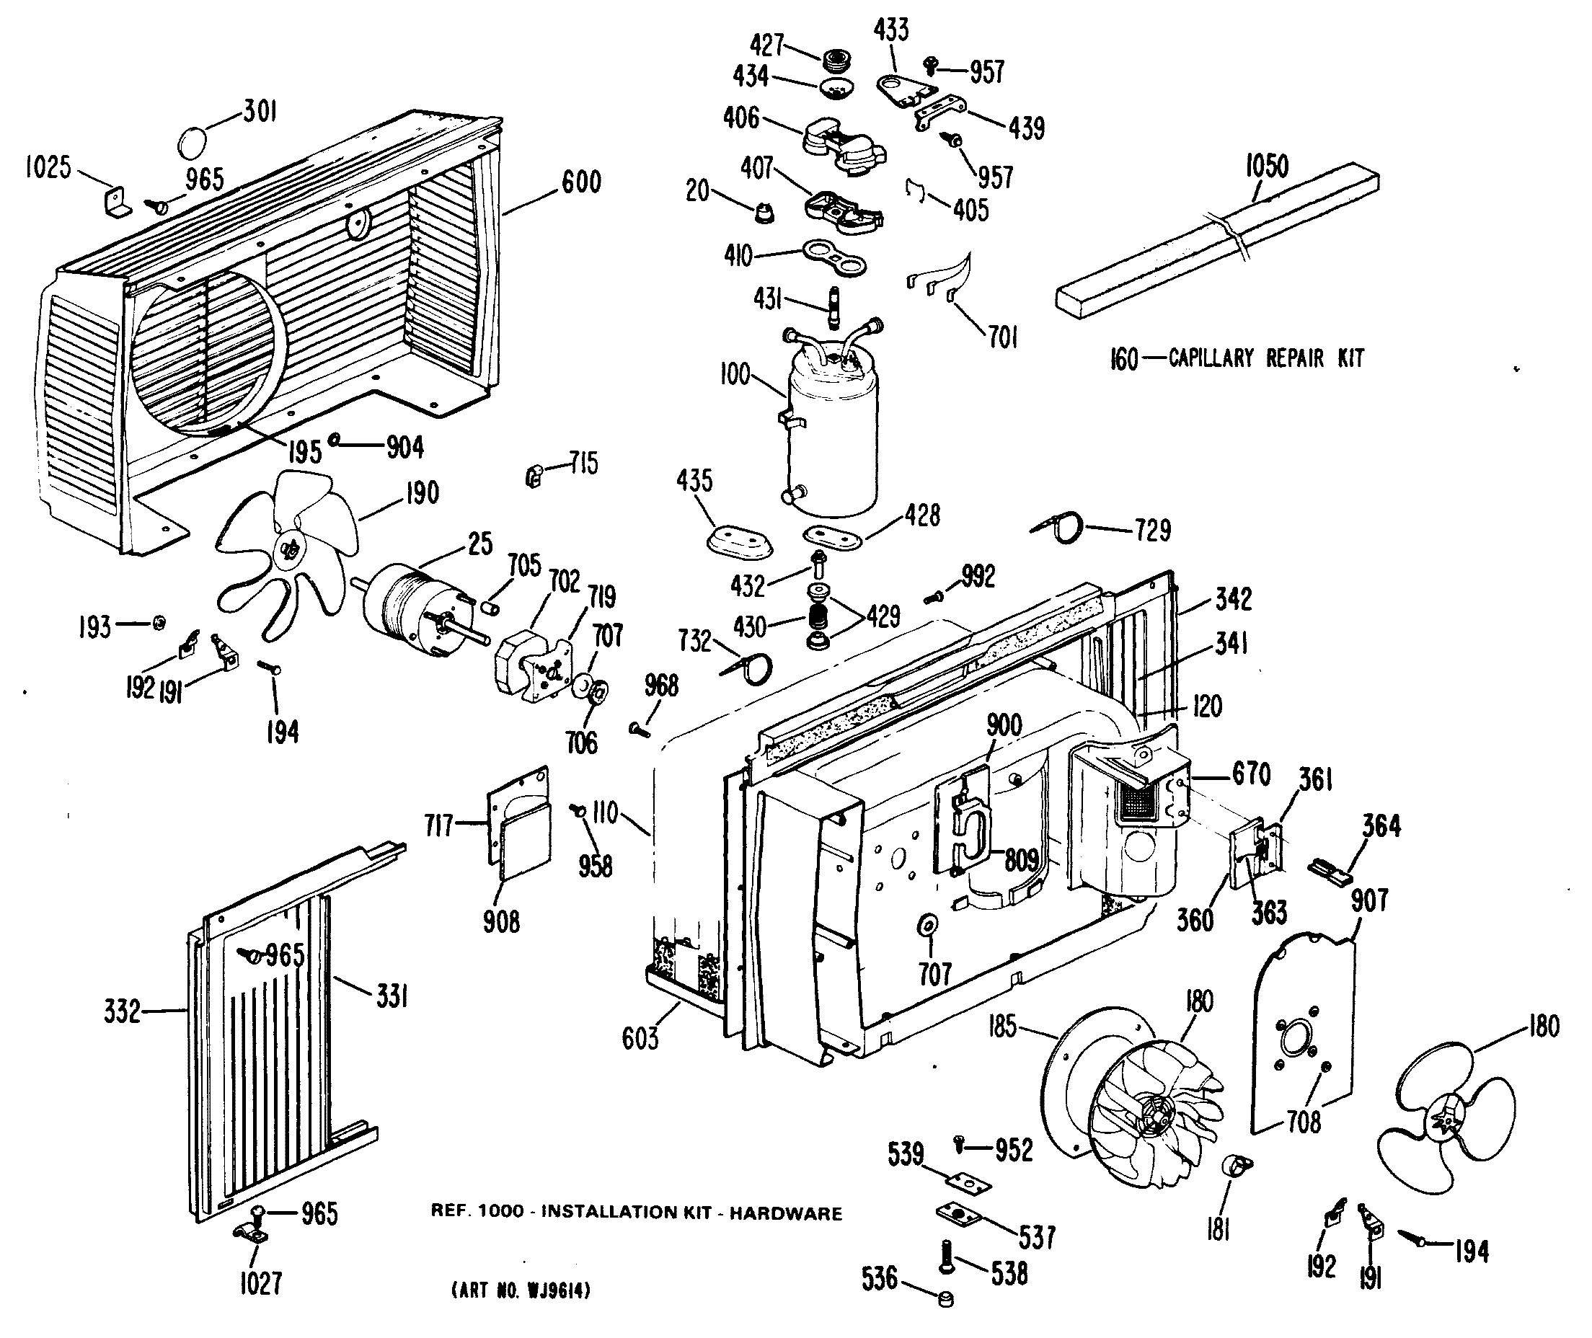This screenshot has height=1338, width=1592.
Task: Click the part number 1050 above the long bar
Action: [x=1267, y=166]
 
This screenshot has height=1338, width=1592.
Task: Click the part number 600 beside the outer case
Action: [x=581, y=182]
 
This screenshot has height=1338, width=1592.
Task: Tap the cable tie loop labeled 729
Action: [x=1058, y=527]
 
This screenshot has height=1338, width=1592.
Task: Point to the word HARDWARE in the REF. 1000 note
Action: [x=786, y=1213]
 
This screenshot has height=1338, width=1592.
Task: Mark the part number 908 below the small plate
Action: [x=501, y=921]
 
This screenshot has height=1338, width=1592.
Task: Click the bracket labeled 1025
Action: [x=116, y=203]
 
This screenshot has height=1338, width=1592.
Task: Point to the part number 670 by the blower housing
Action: [x=1252, y=775]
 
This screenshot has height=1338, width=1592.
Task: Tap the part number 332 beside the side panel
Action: [x=122, y=1011]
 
